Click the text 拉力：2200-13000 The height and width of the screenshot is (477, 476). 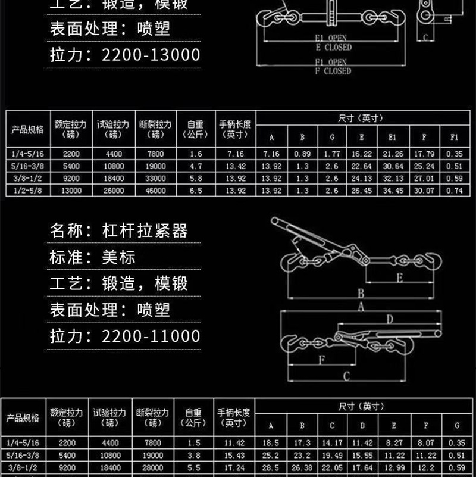[124, 55]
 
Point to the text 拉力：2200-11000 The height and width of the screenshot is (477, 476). [124, 336]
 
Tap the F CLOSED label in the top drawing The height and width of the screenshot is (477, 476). [333, 71]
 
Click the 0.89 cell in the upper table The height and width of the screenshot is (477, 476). [302, 154]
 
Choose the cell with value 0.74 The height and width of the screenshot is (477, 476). [454, 191]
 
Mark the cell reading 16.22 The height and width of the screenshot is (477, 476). [362, 154]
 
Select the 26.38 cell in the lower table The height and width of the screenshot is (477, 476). [302, 469]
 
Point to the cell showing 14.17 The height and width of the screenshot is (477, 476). [332, 443]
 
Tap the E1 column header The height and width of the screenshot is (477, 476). [392, 138]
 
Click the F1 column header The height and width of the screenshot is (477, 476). [454, 138]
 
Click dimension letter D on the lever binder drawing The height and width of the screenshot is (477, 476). [390, 319]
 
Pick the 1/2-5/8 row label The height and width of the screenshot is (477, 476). [26, 191]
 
